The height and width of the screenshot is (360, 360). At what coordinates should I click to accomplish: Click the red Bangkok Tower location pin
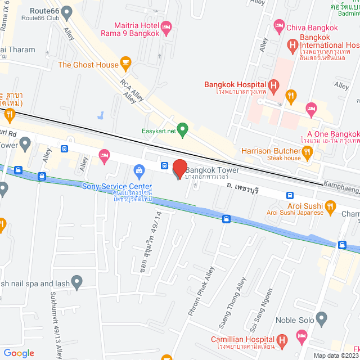(x=179, y=169)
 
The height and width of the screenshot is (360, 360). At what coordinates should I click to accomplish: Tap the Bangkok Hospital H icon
(x=273, y=86)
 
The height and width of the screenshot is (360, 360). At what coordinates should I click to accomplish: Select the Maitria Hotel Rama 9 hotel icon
(x=166, y=26)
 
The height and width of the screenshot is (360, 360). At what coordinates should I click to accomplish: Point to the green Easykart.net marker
(x=182, y=128)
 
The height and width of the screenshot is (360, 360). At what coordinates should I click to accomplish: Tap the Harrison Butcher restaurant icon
(x=307, y=151)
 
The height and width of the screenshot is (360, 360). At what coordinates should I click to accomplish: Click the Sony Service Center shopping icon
(x=139, y=170)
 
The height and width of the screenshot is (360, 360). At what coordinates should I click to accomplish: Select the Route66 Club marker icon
(x=67, y=11)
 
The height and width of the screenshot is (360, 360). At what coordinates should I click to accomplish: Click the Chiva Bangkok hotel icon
(x=278, y=25)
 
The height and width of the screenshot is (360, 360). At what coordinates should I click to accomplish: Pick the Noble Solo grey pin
(x=322, y=319)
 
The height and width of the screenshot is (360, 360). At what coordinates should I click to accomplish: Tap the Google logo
(x=19, y=353)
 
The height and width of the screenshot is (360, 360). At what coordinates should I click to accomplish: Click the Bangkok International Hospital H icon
(x=292, y=44)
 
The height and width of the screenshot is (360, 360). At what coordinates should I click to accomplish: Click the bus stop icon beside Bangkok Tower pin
(x=164, y=165)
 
